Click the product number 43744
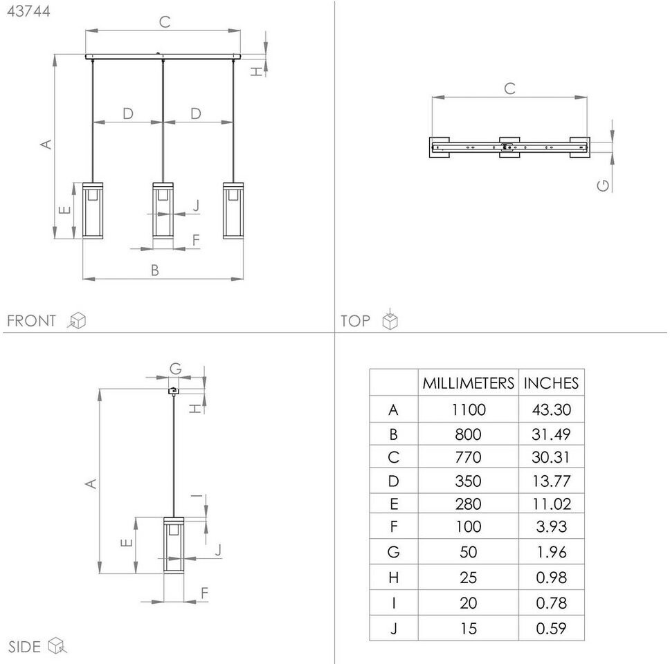(x=28, y=11)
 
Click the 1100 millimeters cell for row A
(x=469, y=409)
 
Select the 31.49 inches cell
(x=551, y=434)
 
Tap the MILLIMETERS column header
(x=469, y=383)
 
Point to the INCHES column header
(x=551, y=383)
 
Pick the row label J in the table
(x=394, y=629)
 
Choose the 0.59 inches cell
(x=551, y=629)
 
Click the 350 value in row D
(x=469, y=481)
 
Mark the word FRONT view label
(x=31, y=321)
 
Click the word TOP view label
(x=355, y=321)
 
